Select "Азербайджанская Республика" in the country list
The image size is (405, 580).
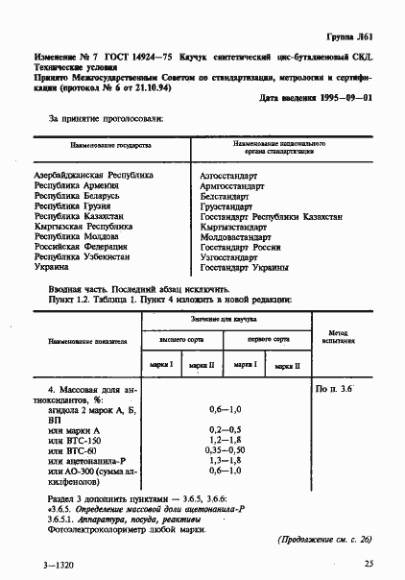click(x=93, y=177)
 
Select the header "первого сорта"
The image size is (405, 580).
click(x=270, y=339)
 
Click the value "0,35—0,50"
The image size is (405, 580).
click(x=226, y=450)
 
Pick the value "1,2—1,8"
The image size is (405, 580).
click(x=226, y=440)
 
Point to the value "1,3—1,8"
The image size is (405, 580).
click(x=226, y=461)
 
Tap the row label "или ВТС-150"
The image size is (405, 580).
click(x=72, y=440)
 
